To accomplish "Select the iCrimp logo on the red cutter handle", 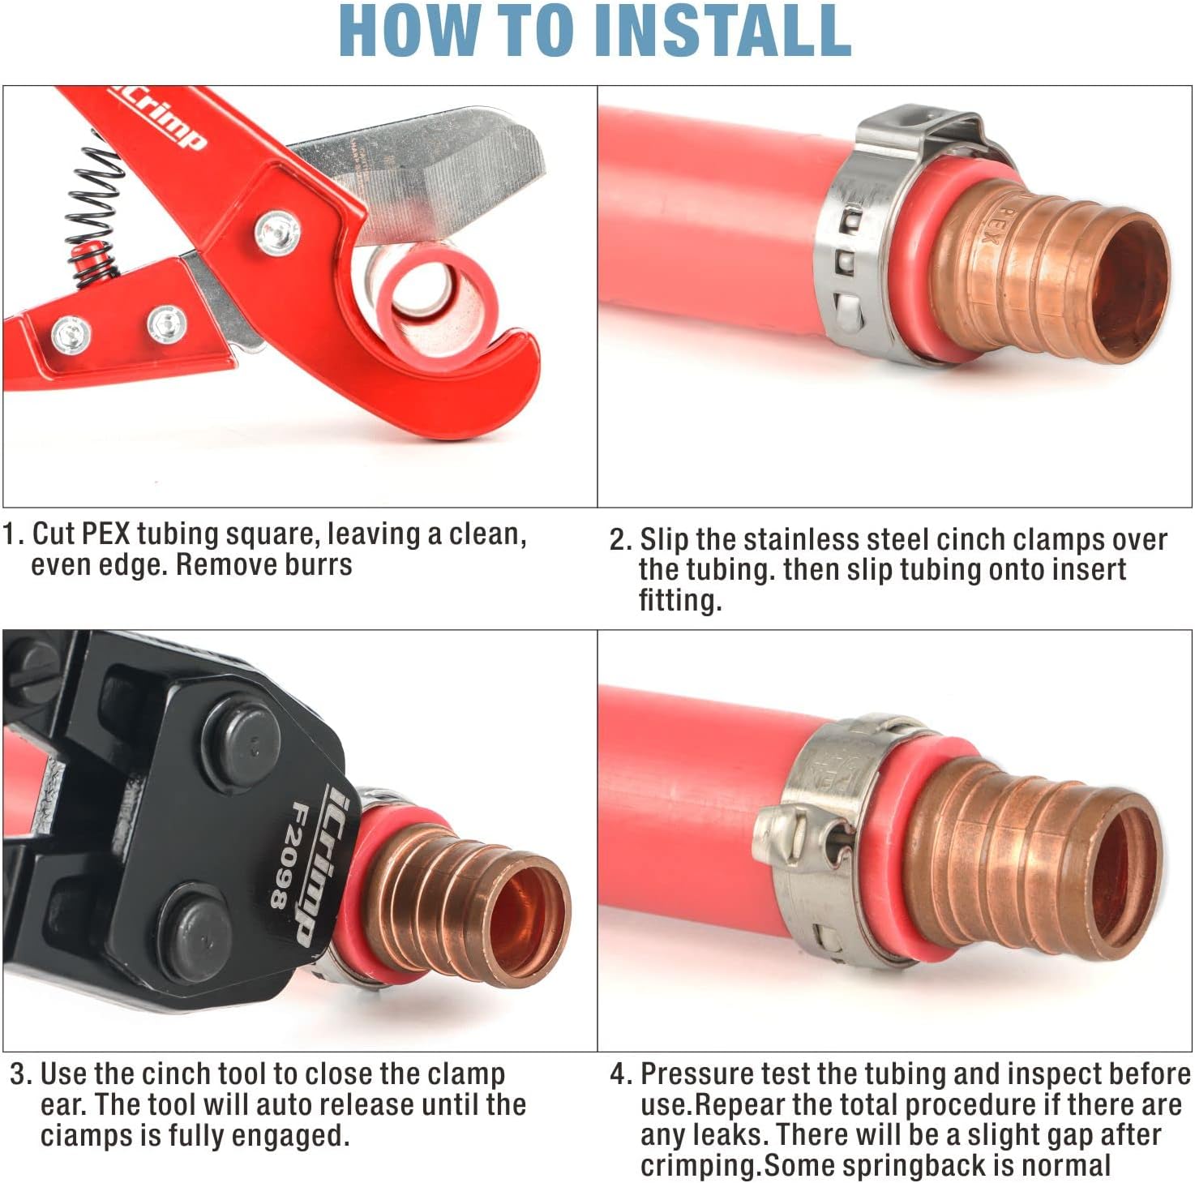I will click(x=158, y=120).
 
